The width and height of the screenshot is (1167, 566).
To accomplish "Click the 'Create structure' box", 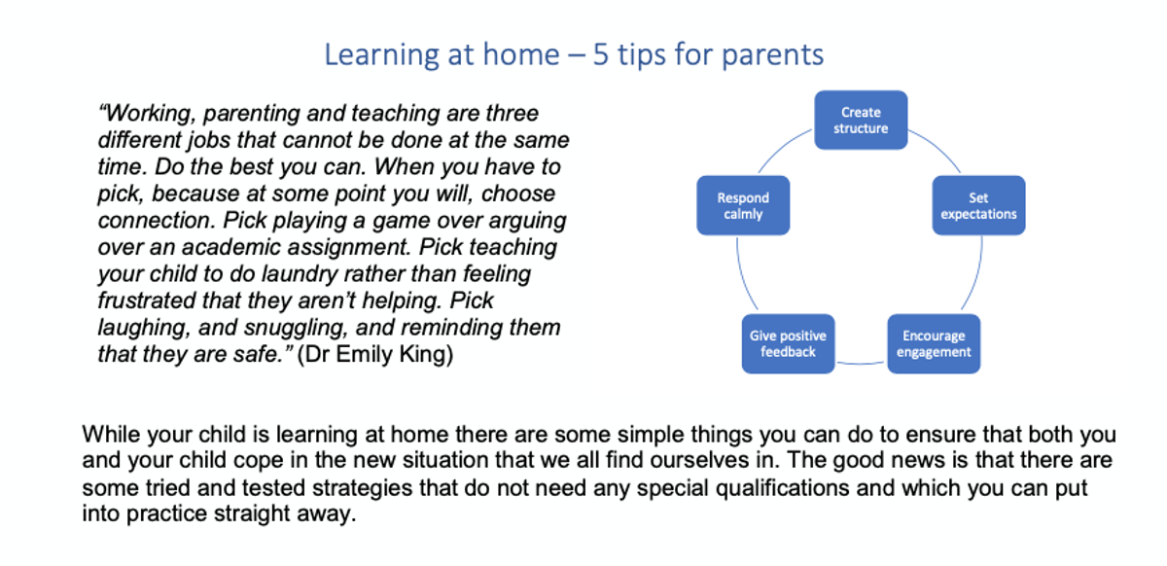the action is pos(861,120).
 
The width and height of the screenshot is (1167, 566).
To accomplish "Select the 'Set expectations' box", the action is pos(978,205).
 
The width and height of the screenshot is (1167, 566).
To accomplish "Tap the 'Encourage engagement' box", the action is pos(934,343).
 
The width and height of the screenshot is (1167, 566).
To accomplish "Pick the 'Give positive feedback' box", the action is pos(788,343).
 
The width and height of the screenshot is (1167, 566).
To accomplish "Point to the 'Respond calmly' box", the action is pos(743,205).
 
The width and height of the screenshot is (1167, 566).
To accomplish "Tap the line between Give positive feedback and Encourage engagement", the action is pos(861,364).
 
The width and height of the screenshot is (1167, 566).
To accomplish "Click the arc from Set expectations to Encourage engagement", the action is pos(976,274).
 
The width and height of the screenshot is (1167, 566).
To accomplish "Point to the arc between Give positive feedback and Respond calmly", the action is pos(743,274).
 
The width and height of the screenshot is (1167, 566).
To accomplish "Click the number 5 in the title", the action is pos(600,54).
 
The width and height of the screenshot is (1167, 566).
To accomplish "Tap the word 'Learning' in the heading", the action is pos(382,55).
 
